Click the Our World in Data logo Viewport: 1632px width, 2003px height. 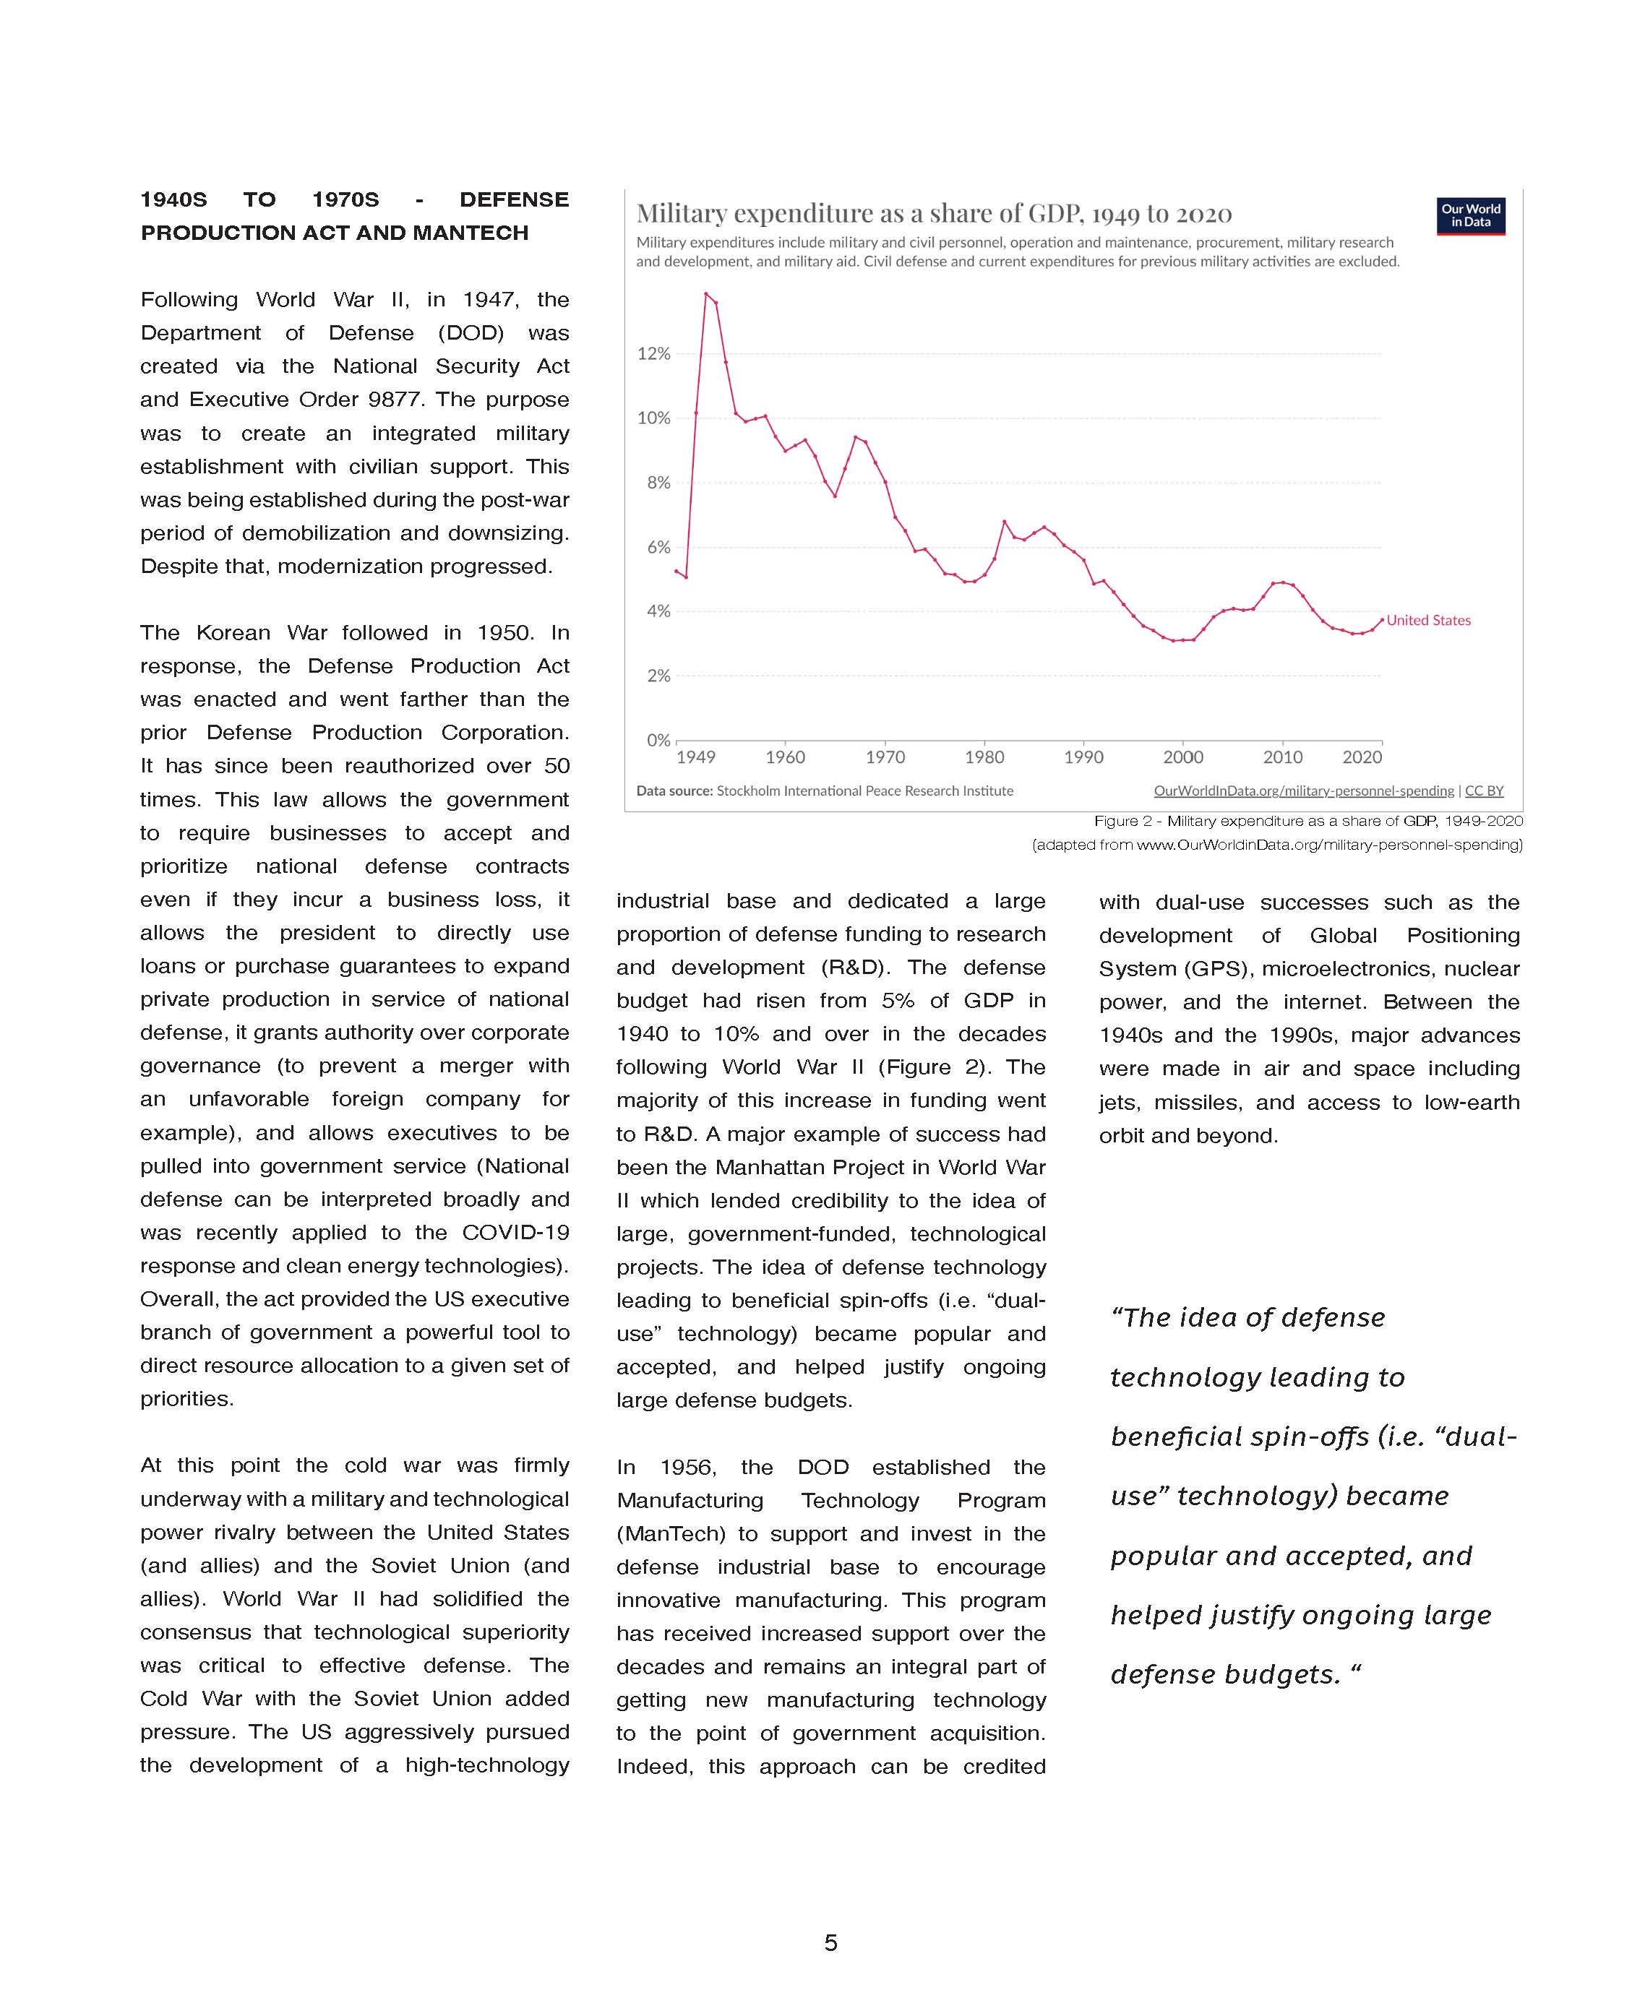(1470, 216)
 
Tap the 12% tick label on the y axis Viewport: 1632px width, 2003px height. (653, 354)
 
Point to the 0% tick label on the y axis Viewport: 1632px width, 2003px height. (658, 741)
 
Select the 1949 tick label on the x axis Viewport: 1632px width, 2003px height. (696, 757)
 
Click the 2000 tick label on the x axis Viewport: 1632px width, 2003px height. (1182, 757)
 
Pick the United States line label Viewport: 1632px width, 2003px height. (1428, 621)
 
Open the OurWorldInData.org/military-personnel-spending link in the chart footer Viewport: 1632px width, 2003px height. (1303, 791)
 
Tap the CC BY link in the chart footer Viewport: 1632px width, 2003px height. (1485, 791)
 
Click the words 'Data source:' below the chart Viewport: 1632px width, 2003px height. (674, 791)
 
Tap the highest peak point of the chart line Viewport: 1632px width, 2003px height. (706, 293)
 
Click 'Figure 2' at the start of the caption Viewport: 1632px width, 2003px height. (1122, 822)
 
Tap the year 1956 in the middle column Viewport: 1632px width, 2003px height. (687, 1468)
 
